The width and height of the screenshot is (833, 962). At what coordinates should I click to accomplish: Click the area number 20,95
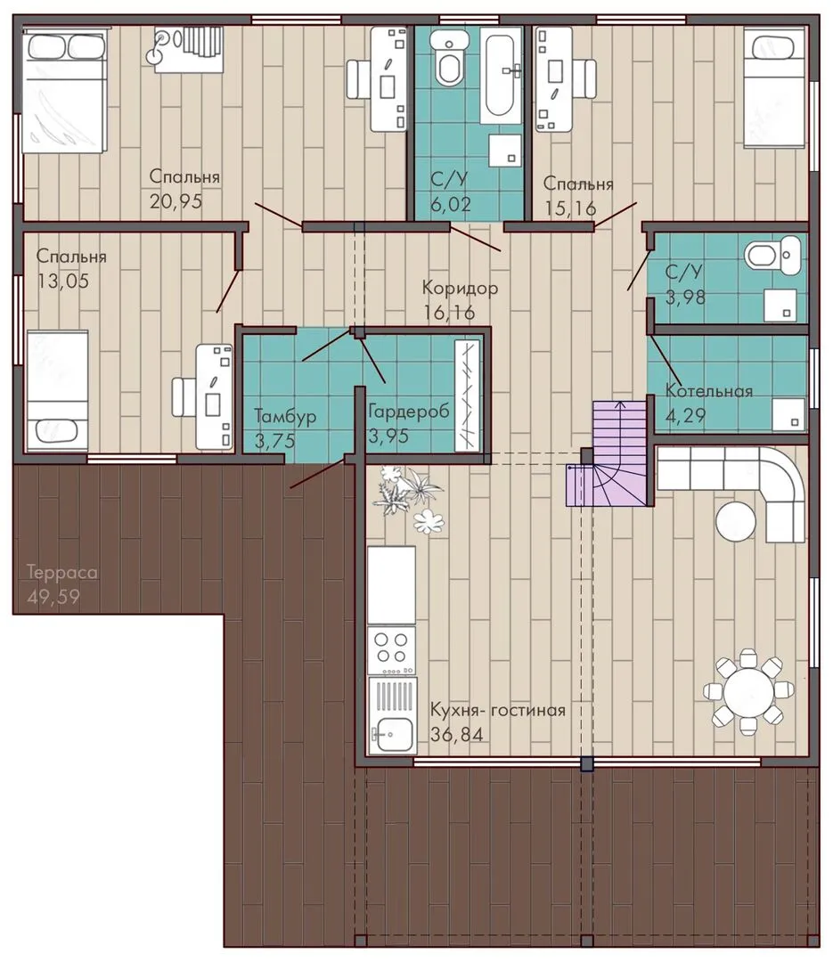coord(176,200)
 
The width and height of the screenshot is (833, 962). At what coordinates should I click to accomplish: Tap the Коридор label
coord(460,287)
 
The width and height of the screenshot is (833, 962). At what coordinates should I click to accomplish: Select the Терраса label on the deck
coord(62,573)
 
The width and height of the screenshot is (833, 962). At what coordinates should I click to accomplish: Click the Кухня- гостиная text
coord(497,710)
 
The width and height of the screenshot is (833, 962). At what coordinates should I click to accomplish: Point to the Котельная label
coord(709,391)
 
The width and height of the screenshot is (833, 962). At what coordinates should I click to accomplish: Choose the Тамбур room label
coord(285,416)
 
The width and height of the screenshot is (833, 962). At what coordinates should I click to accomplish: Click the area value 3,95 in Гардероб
coord(388,436)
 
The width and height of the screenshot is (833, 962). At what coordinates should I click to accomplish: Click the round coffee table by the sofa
coord(735,521)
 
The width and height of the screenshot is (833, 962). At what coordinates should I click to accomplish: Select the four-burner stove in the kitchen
coord(392,649)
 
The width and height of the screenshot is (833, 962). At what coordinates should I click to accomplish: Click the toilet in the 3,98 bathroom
coord(772,257)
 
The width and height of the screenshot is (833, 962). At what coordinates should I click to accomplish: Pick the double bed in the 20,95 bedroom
coord(62,92)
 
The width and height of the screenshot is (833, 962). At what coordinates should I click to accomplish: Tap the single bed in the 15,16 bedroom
coord(774,90)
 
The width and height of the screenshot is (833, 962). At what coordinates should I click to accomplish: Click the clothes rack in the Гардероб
coord(468,395)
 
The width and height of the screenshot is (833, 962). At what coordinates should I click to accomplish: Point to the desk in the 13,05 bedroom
coord(214,395)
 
